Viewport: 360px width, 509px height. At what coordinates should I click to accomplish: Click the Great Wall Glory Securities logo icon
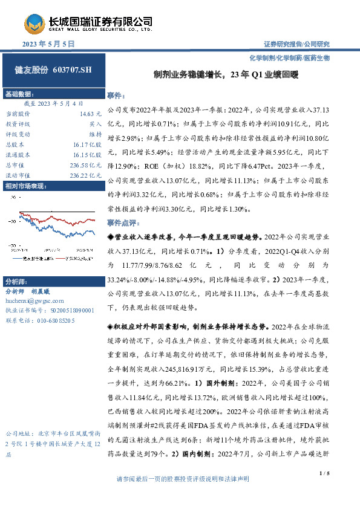tap(33, 23)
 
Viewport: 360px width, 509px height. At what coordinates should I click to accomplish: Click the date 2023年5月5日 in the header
tap(48, 44)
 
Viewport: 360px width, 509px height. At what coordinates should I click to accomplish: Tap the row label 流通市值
tap(18, 175)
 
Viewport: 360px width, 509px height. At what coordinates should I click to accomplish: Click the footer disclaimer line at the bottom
tap(182, 496)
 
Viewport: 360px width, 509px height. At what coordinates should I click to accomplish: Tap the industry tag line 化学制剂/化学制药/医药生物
tap(289, 57)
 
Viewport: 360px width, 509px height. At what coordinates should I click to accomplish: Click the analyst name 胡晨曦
tap(57, 291)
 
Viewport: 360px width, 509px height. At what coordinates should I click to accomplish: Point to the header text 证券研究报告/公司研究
tap(296, 44)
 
